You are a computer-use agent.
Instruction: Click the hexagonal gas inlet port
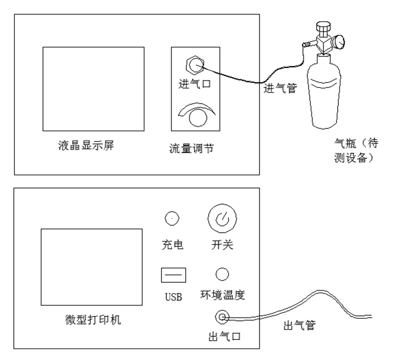(x=194, y=65)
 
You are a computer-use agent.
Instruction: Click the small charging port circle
(x=172, y=218)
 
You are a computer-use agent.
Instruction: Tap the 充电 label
(x=172, y=245)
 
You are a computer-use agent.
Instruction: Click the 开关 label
(x=222, y=245)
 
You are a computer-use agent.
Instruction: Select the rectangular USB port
(x=173, y=275)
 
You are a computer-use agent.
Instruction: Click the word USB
(x=173, y=297)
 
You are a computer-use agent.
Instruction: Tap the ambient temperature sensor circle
(x=222, y=274)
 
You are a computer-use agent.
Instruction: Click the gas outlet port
(x=222, y=317)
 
